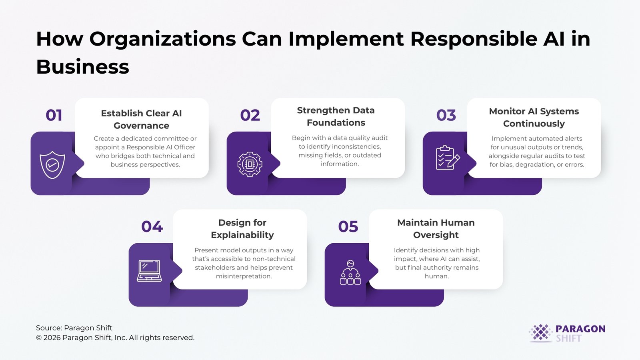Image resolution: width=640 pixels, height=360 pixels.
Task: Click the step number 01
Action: pyautogui.click(x=54, y=115)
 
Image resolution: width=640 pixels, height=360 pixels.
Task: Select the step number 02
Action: pyautogui.click(x=250, y=115)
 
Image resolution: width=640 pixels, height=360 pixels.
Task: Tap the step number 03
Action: pyautogui.click(x=446, y=115)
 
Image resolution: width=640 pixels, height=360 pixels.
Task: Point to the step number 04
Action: pyautogui.click(x=152, y=226)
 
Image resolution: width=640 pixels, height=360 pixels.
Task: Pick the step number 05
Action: pyautogui.click(x=348, y=226)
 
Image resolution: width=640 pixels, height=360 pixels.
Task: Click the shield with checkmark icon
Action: pyautogui.click(x=52, y=164)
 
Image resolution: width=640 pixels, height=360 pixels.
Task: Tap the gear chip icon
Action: pyautogui.click(x=250, y=164)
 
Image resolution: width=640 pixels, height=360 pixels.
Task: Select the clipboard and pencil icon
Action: pyautogui.click(x=447, y=158)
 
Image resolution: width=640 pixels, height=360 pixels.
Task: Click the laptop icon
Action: pyautogui.click(x=149, y=271)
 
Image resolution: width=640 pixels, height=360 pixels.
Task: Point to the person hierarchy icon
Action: pyautogui.click(x=350, y=272)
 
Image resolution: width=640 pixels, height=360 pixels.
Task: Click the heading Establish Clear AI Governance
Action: pyautogui.click(x=141, y=119)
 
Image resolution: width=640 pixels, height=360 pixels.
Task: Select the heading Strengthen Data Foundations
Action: pyautogui.click(x=336, y=116)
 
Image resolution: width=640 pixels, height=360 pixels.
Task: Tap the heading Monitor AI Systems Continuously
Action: pyautogui.click(x=534, y=117)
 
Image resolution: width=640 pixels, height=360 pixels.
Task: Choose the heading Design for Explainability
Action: pyautogui.click(x=242, y=228)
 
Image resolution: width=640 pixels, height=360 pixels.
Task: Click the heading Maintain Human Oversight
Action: pyautogui.click(x=436, y=228)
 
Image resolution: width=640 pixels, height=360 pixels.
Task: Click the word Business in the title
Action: pyautogui.click(x=82, y=67)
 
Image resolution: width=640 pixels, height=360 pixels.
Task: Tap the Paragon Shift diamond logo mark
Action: pyautogui.click(x=541, y=332)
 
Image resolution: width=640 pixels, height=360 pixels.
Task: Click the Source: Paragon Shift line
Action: pyautogui.click(x=74, y=328)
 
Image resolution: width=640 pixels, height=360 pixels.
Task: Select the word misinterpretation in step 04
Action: pyautogui.click(x=244, y=276)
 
